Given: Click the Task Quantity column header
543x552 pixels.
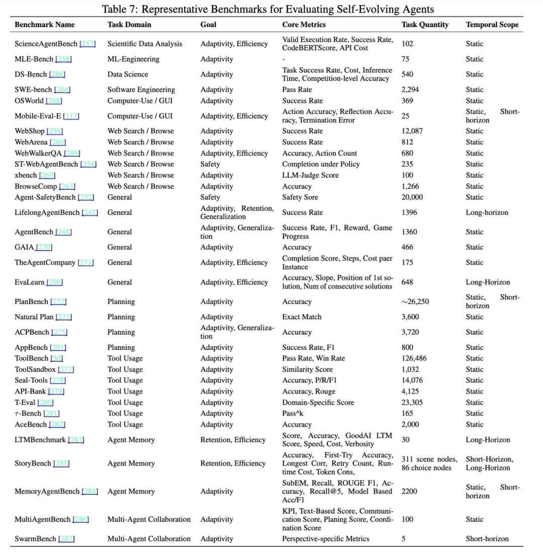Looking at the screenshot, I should (x=425, y=24).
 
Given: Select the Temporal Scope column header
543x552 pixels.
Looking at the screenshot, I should (x=492, y=24).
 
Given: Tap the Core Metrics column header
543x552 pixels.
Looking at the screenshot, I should (x=304, y=24).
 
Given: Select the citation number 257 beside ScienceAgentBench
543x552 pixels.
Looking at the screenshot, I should (x=87, y=44).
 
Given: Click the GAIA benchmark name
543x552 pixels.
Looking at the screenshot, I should (x=24, y=247).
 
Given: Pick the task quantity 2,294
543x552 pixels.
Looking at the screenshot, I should (x=410, y=90).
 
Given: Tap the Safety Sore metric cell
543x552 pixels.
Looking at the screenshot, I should (x=300, y=197).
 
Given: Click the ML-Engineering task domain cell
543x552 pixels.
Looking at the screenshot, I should (x=133, y=59).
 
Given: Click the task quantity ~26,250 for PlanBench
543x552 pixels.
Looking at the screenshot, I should (x=415, y=302).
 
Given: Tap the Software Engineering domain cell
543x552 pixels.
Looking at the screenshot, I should (x=141, y=90).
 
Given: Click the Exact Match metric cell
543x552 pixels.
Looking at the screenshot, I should (x=302, y=317).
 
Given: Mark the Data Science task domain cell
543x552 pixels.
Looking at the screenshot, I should (x=128, y=74).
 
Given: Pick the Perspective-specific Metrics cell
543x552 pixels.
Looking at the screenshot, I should (x=326, y=538).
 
